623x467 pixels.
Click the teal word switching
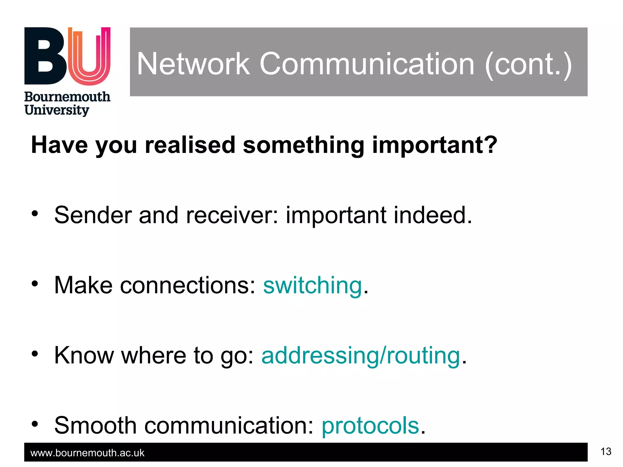click(x=313, y=286)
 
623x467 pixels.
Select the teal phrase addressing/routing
click(x=360, y=356)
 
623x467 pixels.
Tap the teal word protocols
click(x=370, y=426)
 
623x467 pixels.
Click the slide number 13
click(x=606, y=451)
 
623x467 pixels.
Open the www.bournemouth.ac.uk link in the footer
click(x=87, y=453)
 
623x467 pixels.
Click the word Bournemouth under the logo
click(x=67, y=97)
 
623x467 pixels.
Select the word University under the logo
click(x=57, y=110)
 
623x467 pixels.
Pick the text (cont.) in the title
click(x=528, y=64)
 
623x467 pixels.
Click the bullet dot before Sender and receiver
click(x=35, y=213)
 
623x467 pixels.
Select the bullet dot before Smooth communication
click(x=35, y=424)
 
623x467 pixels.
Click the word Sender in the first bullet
click(x=93, y=215)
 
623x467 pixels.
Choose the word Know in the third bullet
click(x=84, y=356)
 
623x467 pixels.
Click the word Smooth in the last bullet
click(x=95, y=426)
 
